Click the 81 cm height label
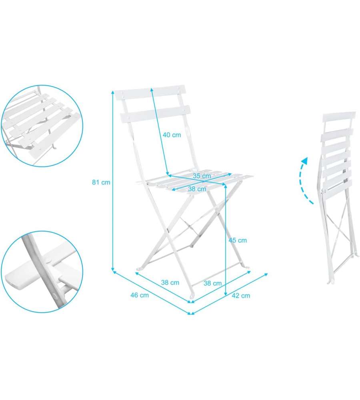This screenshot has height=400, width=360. [x=101, y=182]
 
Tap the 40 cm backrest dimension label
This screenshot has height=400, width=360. [x=172, y=135]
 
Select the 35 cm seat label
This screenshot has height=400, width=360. [x=202, y=176]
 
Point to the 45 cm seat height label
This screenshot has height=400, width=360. [x=238, y=240]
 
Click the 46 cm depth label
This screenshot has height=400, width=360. [x=140, y=295]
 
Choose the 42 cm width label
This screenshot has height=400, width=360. [x=241, y=296]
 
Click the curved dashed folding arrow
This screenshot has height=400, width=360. [x=304, y=181]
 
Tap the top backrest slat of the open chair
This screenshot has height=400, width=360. [x=150, y=93]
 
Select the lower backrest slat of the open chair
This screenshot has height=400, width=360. [x=155, y=114]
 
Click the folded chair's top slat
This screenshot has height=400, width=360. [x=339, y=116]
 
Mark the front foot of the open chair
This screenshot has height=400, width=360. [x=192, y=295]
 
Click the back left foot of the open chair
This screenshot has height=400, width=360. [x=139, y=269]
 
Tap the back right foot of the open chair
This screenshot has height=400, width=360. [x=247, y=267]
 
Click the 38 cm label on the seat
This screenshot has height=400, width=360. [x=197, y=189]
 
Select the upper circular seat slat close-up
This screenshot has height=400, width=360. [x=42, y=126]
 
